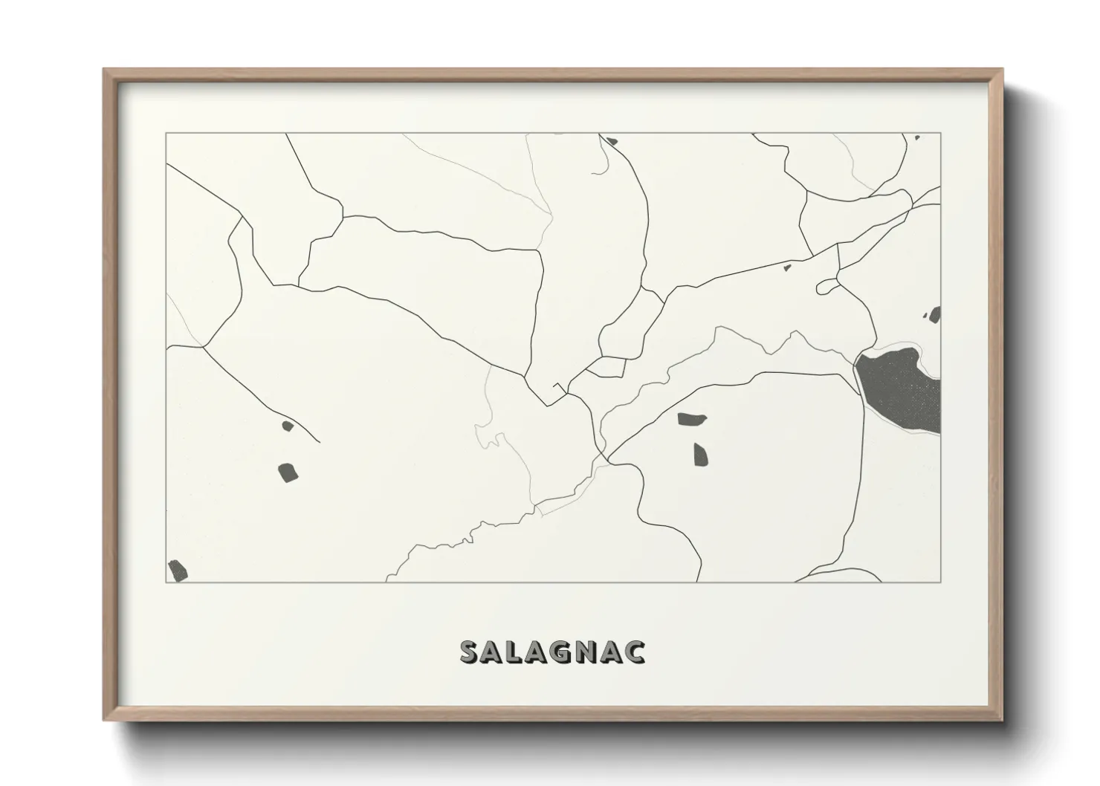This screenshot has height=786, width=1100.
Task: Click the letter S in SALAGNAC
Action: pos(471,652)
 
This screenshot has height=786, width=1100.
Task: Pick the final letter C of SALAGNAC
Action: pos(635,652)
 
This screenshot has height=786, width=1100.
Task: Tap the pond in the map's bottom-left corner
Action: pos(177,571)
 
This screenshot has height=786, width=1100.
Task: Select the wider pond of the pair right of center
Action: pos(692,419)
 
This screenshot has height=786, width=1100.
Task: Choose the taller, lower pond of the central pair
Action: pos(700,454)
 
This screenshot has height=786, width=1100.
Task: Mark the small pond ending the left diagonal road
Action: pos(287,426)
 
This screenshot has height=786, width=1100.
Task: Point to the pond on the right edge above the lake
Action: pos(935,314)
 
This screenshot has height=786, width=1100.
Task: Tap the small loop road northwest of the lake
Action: pos(826,287)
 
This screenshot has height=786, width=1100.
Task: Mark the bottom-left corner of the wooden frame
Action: pos(104,721)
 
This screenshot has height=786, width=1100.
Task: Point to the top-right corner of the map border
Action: pos(940,134)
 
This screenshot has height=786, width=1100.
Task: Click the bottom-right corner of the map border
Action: pos(940,582)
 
